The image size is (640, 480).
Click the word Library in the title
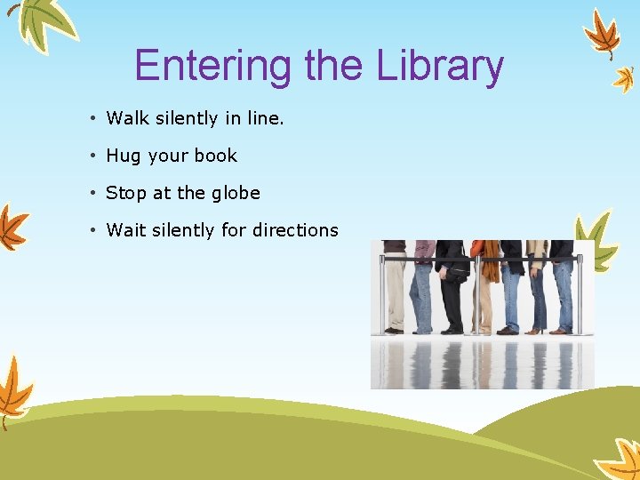click(x=440, y=67)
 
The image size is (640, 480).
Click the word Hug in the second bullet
click(x=124, y=156)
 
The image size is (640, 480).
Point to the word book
click(x=216, y=156)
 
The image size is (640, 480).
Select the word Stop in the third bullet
click(x=126, y=193)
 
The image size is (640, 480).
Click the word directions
click(x=295, y=230)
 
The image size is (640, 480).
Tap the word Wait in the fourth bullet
click(x=126, y=230)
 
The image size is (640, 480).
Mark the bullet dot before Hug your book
click(x=92, y=156)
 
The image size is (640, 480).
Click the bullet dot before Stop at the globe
click(x=92, y=194)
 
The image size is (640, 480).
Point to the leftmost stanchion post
click(x=383, y=293)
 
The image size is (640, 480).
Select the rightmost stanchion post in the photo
click(x=580, y=293)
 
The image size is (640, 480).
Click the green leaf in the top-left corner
click(x=40, y=22)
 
